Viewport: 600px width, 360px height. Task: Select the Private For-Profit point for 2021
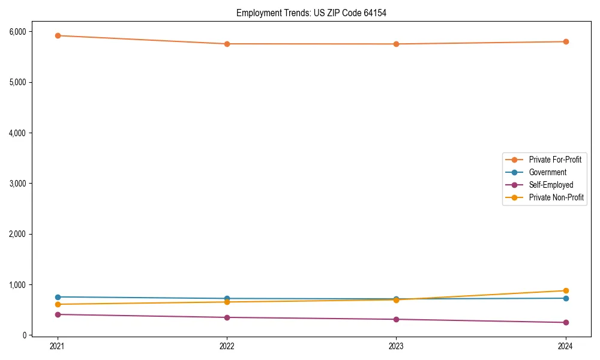click(58, 35)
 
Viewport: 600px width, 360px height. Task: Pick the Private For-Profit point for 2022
click(227, 44)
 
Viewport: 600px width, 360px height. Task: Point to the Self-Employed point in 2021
click(58, 314)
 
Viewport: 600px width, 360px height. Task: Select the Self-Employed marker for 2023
click(396, 319)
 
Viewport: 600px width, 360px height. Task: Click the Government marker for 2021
click(58, 297)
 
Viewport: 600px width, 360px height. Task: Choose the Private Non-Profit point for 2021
click(58, 304)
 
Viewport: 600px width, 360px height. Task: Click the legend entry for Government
click(547, 172)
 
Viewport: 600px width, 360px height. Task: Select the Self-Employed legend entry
click(551, 185)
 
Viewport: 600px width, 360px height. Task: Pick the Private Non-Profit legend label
click(556, 197)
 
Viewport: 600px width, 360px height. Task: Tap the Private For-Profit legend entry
click(554, 160)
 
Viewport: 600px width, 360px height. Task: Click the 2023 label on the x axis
click(396, 346)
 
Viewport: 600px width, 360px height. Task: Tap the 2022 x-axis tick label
click(227, 346)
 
